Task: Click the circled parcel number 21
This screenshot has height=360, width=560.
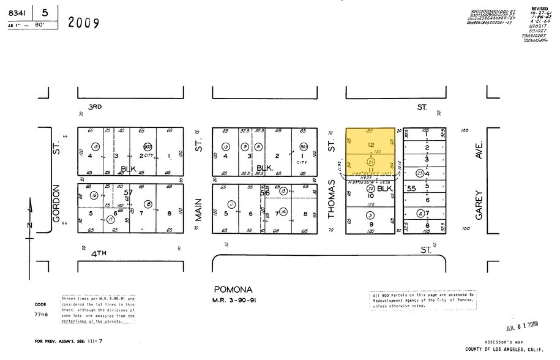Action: coord(370,161)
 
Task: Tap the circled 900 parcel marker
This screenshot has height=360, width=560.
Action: coord(147,147)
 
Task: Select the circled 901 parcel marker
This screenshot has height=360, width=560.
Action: coord(304,147)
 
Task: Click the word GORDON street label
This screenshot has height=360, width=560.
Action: coord(56,204)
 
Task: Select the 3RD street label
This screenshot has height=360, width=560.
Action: coord(94,107)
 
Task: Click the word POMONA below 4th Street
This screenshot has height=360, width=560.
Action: coord(233,289)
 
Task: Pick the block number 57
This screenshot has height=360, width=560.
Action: coord(128,192)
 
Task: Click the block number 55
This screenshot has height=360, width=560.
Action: coord(411,189)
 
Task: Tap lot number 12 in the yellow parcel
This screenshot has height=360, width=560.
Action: coord(370,145)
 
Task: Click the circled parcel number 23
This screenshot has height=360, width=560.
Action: coord(419,173)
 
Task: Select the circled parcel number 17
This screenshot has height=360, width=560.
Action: coord(111,219)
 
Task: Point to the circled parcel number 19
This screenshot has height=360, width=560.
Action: coord(226,147)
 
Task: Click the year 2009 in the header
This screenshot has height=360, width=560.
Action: coord(84,23)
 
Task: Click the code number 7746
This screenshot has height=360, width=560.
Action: coord(40,312)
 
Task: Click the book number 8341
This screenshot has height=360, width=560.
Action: coord(18,12)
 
